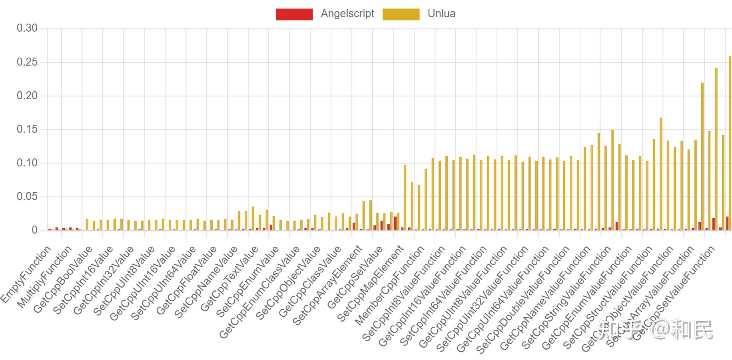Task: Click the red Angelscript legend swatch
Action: pyautogui.click(x=294, y=14)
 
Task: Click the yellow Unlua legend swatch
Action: pyautogui.click(x=401, y=14)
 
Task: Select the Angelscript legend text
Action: pyautogui.click(x=347, y=14)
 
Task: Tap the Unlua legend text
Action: pyautogui.click(x=441, y=14)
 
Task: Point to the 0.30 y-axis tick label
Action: pyautogui.click(x=27, y=28)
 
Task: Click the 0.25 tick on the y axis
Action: pyautogui.click(x=27, y=62)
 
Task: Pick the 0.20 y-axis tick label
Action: pyautogui.click(x=27, y=96)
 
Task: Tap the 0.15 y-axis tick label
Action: pyautogui.click(x=27, y=129)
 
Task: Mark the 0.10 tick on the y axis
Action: pyautogui.click(x=27, y=163)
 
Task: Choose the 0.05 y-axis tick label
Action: pyautogui.click(x=27, y=196)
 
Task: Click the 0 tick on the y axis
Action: pyautogui.click(x=34, y=230)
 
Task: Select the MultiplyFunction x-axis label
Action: pyautogui.click(x=45, y=277)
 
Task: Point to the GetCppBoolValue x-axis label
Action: pyautogui.click(x=63, y=279)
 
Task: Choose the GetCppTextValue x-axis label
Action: pyautogui.click(x=229, y=279)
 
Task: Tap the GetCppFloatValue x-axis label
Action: pyautogui.click(x=186, y=281)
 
